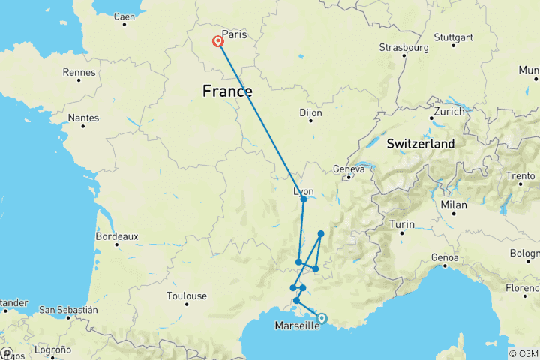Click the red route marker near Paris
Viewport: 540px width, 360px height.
click(x=218, y=42)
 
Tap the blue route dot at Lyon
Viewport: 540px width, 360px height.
click(x=304, y=199)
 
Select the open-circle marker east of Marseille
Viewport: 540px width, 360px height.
click(x=322, y=318)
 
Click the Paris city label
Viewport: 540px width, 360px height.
click(x=234, y=34)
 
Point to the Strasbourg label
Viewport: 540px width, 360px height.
click(x=403, y=47)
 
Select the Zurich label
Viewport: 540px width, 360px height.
click(x=447, y=110)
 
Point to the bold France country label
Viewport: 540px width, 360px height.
click(x=227, y=91)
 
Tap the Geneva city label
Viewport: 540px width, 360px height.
click(x=348, y=169)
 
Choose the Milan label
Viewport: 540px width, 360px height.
click(x=454, y=205)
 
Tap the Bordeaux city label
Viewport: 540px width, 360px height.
click(x=117, y=236)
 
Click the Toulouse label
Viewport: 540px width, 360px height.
click(x=186, y=296)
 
